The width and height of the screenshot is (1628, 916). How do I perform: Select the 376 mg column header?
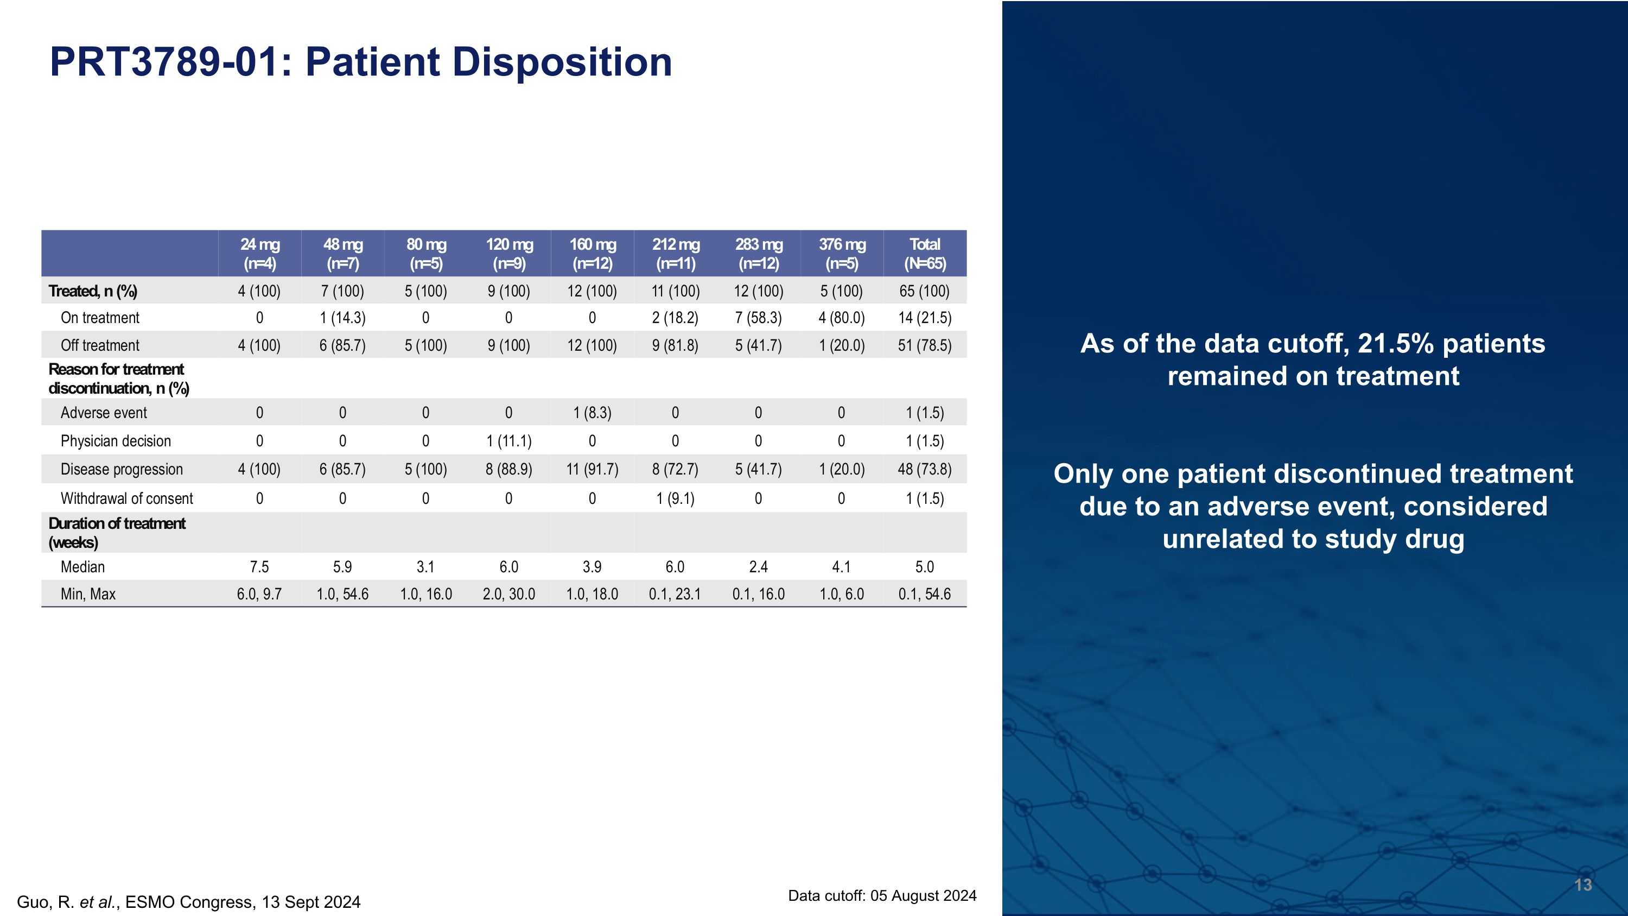point(842,254)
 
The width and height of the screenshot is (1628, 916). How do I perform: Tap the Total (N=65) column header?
point(925,254)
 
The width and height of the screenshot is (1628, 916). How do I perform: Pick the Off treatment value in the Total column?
point(925,346)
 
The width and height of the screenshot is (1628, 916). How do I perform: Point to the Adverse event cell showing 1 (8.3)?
point(592,413)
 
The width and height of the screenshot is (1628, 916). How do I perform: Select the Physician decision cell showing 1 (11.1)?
point(509,441)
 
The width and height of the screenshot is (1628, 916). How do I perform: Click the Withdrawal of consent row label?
point(126,499)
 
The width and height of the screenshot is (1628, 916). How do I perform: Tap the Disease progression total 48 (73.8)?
point(925,470)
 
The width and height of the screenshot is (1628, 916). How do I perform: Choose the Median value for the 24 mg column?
point(259,567)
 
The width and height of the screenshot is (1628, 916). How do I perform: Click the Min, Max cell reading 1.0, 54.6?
point(342,594)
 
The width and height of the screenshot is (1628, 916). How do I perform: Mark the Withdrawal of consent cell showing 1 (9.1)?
point(675,499)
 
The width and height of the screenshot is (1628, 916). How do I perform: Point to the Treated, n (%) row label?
point(92,292)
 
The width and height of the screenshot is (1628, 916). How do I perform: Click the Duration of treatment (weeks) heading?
point(116,533)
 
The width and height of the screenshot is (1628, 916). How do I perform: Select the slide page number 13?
point(1582,885)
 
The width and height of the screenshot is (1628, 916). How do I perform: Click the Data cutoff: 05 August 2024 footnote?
point(882,896)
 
